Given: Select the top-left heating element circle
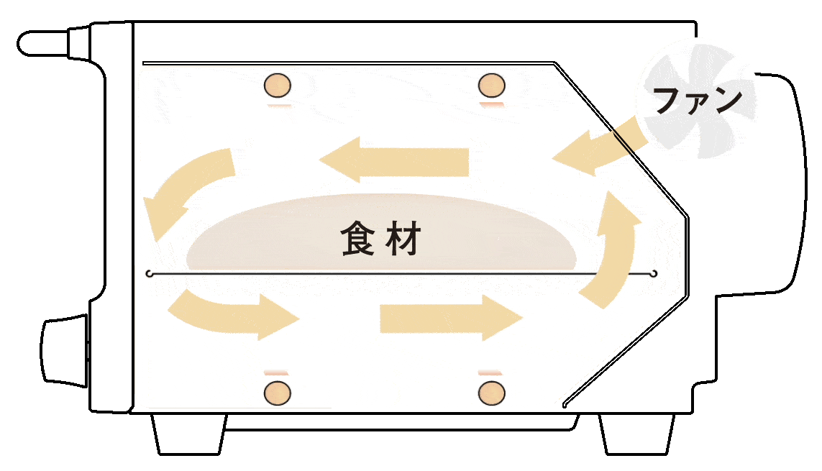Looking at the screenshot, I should (x=278, y=86).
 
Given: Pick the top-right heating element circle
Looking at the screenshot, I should (x=491, y=85).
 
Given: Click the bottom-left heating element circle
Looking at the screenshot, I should (x=278, y=393).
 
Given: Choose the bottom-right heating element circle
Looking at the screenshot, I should (x=491, y=393).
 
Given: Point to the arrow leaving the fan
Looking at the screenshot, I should (x=594, y=150).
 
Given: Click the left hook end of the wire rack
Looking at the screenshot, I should (x=149, y=274).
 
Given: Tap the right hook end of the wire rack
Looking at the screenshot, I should (x=654, y=273).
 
